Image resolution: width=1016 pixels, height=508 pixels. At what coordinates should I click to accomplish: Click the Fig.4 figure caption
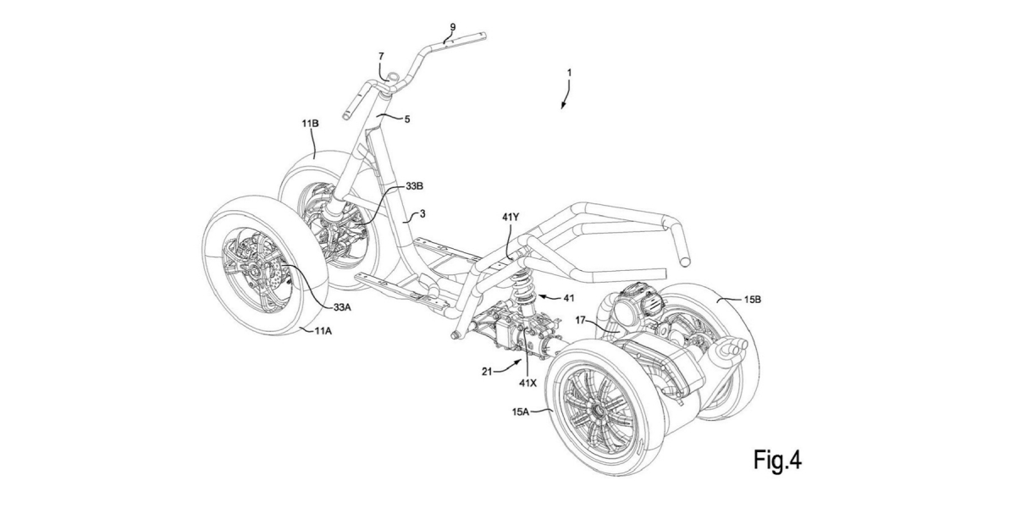tap(777, 460)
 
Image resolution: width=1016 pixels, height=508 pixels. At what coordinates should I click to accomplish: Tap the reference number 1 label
tap(570, 73)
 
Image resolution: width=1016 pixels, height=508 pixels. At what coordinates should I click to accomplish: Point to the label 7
tap(382, 56)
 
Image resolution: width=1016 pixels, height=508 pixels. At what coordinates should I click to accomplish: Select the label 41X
tap(529, 381)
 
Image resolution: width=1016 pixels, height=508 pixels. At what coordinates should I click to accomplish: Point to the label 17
tap(578, 320)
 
